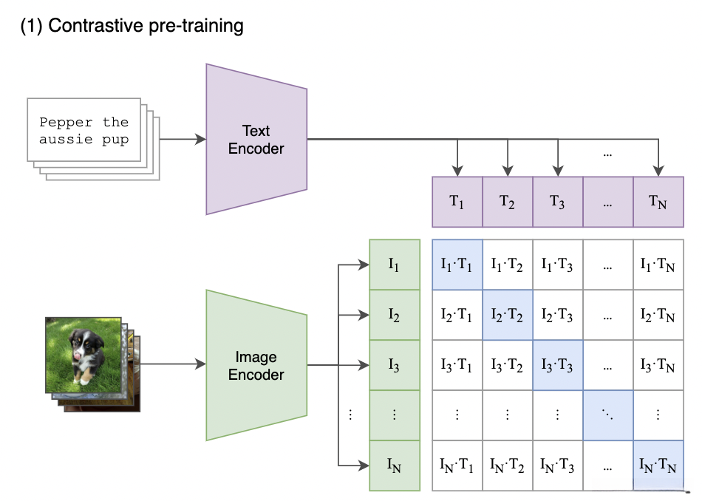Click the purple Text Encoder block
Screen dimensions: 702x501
point(256,139)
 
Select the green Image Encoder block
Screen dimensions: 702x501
point(256,365)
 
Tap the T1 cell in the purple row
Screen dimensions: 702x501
point(457,202)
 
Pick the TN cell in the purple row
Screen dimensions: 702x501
point(658,202)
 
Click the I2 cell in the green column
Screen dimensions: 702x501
point(395,315)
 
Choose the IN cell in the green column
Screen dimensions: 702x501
point(395,466)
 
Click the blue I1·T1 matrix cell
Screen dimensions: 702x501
point(457,265)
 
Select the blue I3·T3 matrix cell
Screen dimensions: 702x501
point(558,365)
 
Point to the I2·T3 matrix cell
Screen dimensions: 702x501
point(558,315)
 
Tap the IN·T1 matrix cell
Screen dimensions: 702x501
point(457,466)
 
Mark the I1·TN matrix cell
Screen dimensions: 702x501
point(658,265)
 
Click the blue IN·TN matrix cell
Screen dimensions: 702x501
point(658,466)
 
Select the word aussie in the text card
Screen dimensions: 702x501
point(66,139)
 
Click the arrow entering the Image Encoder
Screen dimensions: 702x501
point(173,364)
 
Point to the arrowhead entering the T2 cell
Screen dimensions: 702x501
point(508,171)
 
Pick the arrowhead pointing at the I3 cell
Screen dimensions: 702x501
point(364,365)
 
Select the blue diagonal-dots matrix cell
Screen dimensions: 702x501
point(608,415)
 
